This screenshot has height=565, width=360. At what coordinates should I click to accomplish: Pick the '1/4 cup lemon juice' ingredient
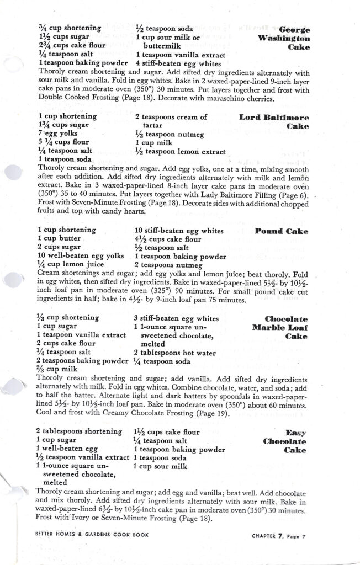[71, 265]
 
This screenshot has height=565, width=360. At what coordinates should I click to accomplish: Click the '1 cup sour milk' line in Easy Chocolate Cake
[161, 467]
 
